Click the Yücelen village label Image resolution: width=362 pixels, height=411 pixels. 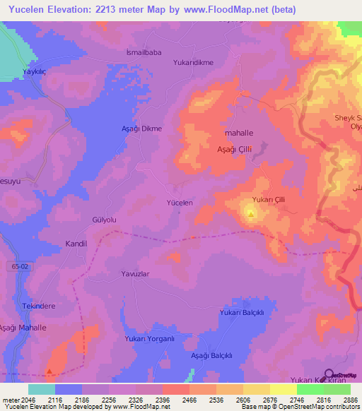[x=179, y=203]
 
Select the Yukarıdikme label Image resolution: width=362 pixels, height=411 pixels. [x=193, y=62]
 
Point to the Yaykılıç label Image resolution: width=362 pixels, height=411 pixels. [x=35, y=72]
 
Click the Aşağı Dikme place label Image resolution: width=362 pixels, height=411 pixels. [x=142, y=129]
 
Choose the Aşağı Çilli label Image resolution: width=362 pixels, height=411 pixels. [x=234, y=149]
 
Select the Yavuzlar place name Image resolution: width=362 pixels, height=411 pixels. [x=137, y=273]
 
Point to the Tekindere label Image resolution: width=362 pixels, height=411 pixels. [x=39, y=306]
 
